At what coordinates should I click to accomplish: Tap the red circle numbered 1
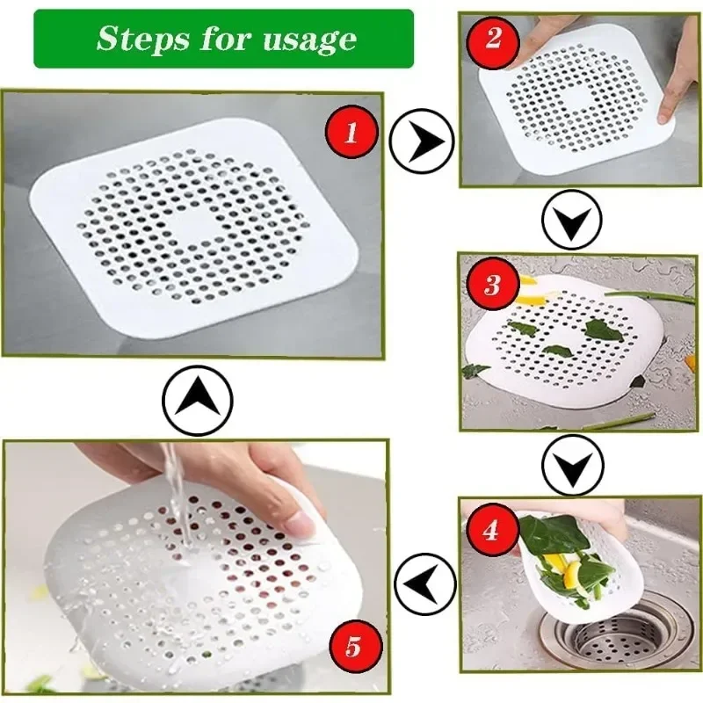[351, 134]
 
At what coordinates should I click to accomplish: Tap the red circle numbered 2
[493, 40]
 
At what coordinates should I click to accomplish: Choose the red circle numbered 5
[352, 649]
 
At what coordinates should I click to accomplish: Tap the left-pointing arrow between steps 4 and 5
[424, 583]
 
